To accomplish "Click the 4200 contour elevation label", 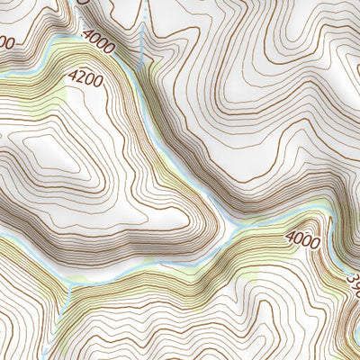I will click(x=85, y=81).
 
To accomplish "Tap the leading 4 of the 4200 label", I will click(x=72, y=78).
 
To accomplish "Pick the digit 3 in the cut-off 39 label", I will click(x=350, y=283).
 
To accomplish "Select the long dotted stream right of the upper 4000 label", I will click(x=142, y=36).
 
